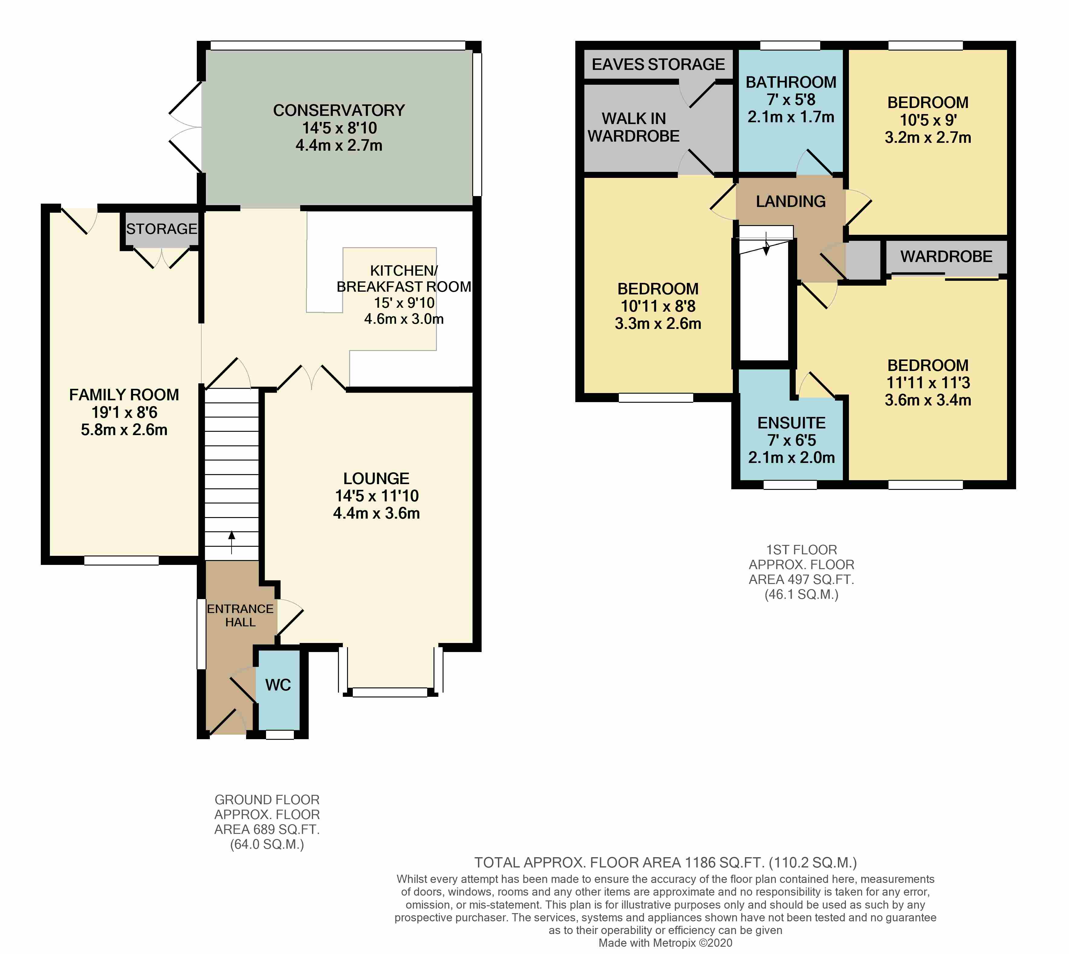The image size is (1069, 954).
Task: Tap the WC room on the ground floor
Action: click(278, 685)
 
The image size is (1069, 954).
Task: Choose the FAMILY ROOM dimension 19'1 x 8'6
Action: click(124, 412)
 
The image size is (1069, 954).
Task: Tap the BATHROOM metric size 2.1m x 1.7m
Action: click(791, 116)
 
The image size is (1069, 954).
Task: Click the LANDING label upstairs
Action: click(791, 201)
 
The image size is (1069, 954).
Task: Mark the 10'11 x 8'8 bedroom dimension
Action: click(658, 306)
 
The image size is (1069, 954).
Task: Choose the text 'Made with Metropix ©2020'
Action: click(665, 943)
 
